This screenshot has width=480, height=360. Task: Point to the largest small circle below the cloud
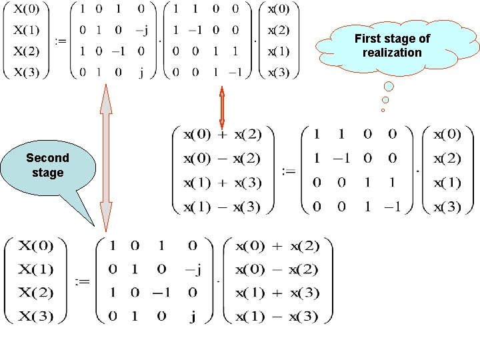tap(389, 86)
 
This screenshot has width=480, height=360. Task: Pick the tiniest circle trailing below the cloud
tap(383, 110)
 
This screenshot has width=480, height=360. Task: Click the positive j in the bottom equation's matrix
tap(192, 317)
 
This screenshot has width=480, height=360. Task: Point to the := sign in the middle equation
tap(288, 171)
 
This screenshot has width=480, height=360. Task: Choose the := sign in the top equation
tap(61, 41)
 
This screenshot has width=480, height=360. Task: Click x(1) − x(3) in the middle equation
tap(222, 207)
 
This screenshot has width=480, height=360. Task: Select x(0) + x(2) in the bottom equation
tap(277, 246)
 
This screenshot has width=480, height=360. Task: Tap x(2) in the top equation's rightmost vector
tap(279, 31)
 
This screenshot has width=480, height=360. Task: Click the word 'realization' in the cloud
tap(392, 53)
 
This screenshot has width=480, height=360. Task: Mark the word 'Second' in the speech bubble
tap(47, 158)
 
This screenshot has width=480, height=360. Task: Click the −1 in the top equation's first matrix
tap(117, 52)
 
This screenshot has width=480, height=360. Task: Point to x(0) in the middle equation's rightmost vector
tap(447, 135)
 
